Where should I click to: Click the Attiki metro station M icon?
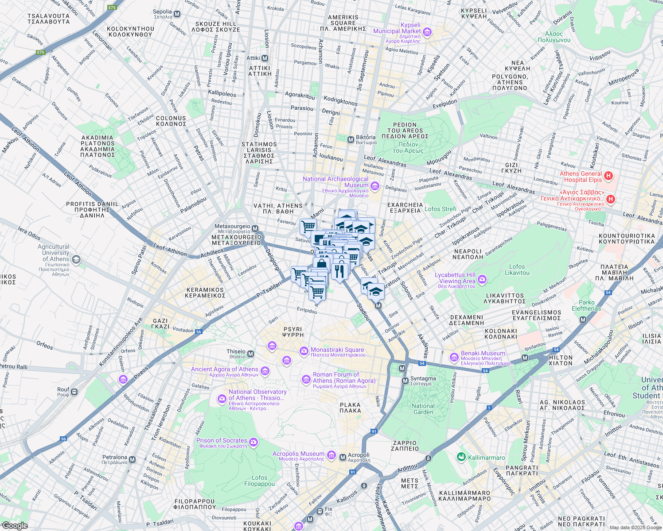pos(265,58)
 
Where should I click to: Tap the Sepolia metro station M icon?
pos(177,14)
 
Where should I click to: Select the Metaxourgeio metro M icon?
pos(255,228)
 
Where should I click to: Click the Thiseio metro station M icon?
pos(251,354)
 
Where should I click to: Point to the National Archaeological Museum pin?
pos(375,186)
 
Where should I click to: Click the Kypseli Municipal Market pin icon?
pos(427,31)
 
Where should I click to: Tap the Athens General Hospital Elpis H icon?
pos(608,176)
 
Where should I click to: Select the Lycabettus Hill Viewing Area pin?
pos(482,279)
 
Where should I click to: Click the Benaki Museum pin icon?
pos(454,357)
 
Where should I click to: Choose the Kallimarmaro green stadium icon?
pos(461,457)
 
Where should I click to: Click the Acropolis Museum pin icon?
pos(331,455)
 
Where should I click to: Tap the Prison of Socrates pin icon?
pos(253,442)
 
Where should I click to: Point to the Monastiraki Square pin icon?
pos(304,351)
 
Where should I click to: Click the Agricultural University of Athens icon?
pos(76,259)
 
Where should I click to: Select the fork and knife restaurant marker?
pos(339,271)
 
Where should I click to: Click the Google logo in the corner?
pos(15,526)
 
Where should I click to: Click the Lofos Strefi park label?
pos(440,209)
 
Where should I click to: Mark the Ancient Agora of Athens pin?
pos(265,371)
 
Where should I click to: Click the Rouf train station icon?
pos(74,392)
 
